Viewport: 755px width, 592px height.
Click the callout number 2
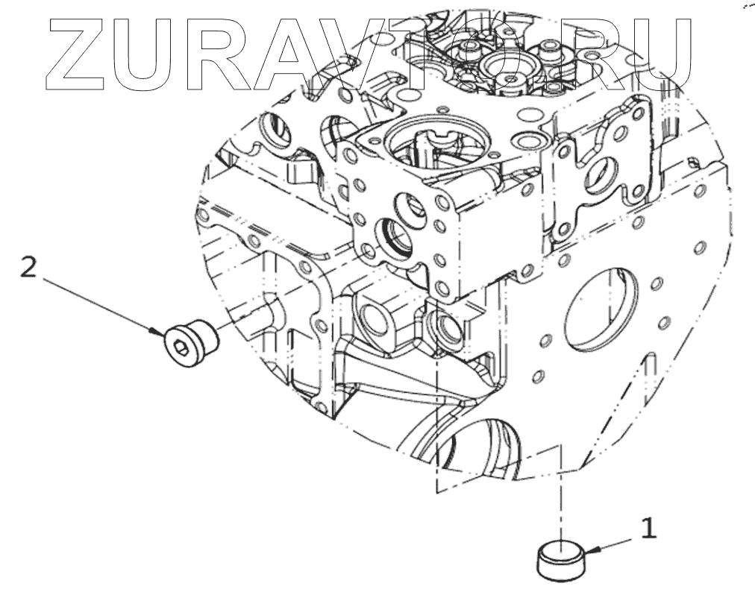(28, 268)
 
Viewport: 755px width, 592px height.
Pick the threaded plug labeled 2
(190, 344)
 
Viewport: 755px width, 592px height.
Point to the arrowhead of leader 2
(156, 332)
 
